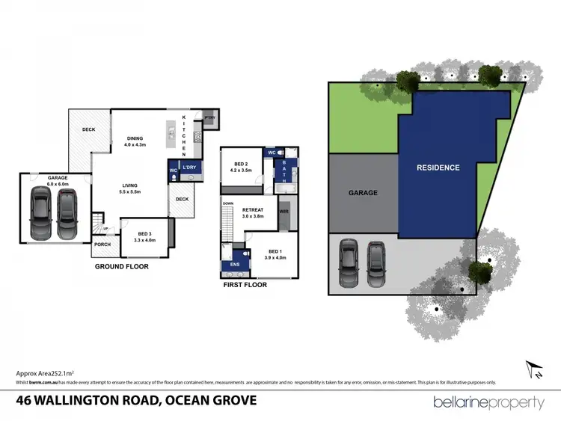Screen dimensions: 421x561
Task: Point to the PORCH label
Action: (x=102, y=245)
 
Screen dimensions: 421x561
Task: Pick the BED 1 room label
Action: (x=275, y=253)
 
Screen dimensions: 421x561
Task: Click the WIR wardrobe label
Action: (x=283, y=212)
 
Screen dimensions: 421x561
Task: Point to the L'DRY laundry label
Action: (x=189, y=168)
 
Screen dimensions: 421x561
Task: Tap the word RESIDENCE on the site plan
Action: (x=438, y=168)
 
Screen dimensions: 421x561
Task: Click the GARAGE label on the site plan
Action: (x=363, y=192)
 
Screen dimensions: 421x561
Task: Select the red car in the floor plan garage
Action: (x=67, y=211)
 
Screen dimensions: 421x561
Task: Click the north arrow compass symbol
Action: (x=534, y=369)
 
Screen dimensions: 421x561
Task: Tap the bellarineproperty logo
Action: (x=489, y=402)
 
